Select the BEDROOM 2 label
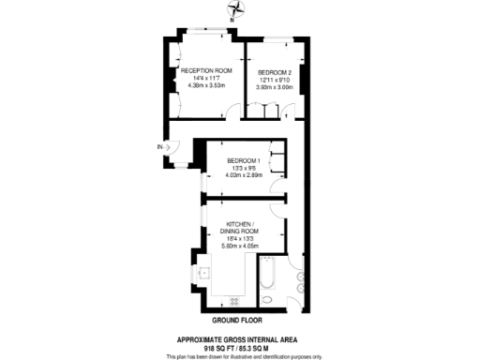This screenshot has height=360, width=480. (x=275, y=72)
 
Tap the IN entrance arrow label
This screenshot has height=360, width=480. (x=161, y=146)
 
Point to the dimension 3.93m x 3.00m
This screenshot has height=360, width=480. (x=275, y=87)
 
